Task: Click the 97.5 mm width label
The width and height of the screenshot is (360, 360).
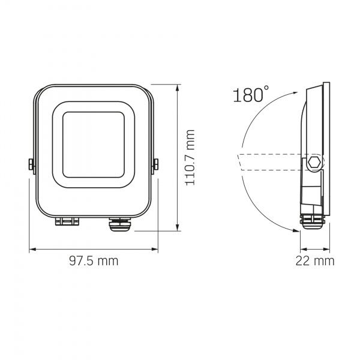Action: coord(94,261)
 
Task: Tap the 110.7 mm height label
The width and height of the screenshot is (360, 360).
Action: coord(191,157)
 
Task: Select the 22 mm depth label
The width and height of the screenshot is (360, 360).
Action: coord(315,261)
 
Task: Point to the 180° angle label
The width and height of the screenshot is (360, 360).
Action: coord(251,94)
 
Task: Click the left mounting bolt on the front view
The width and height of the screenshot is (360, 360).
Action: coord(31,164)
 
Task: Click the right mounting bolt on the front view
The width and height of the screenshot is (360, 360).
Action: coord(156,164)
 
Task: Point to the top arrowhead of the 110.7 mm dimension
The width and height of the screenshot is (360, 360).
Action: coord(178,86)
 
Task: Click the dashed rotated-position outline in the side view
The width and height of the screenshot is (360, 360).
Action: coord(270,162)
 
